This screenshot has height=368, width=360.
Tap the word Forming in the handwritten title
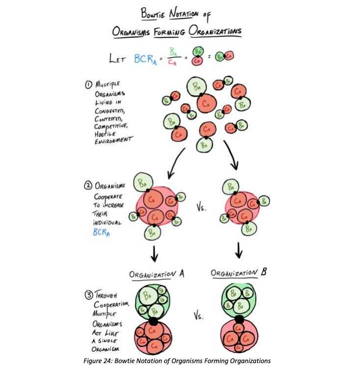pos(169,32)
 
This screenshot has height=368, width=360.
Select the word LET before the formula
pos(117,58)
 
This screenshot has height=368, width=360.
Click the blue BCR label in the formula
pos(145,59)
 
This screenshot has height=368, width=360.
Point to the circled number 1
pos(88,84)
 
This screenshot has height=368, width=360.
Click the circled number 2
pos(88,185)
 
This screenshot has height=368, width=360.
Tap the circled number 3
pos(89,295)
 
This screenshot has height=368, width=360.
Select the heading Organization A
pos(157,274)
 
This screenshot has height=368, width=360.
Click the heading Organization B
pos(239,273)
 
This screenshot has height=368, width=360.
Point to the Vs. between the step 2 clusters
pos(201,208)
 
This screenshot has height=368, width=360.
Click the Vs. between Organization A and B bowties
pos(198,315)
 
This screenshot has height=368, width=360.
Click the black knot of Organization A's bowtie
pos(153,321)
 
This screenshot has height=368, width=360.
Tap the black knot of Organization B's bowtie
pos(240,319)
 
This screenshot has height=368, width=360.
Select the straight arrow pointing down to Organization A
pos(154,254)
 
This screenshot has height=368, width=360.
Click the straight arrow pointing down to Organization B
pos(239,250)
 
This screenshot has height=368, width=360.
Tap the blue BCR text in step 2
pos(101,232)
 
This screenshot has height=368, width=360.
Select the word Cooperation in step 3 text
pos(111,305)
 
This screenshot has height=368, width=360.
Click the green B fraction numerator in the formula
pos(173,52)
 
